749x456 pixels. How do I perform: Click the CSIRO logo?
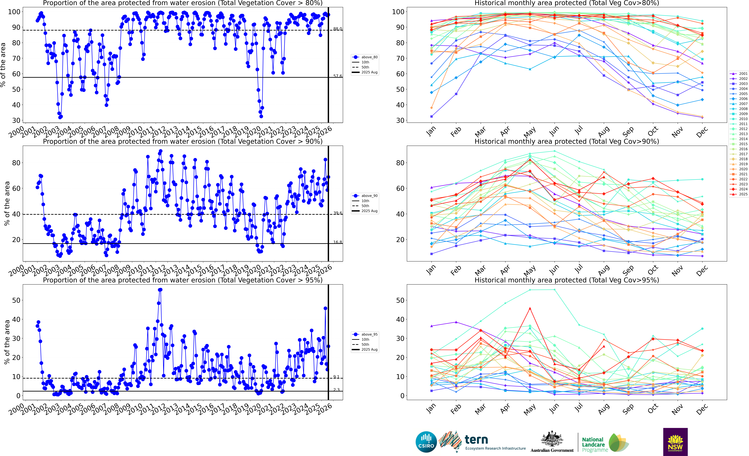point(426,442)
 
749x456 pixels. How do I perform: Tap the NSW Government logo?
point(675,442)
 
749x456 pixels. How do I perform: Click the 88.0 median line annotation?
point(337,29)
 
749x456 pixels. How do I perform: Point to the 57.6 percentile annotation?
point(337,76)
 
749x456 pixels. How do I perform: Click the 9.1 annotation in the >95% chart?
point(336,377)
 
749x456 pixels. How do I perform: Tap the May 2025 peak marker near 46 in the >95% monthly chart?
point(530,308)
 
